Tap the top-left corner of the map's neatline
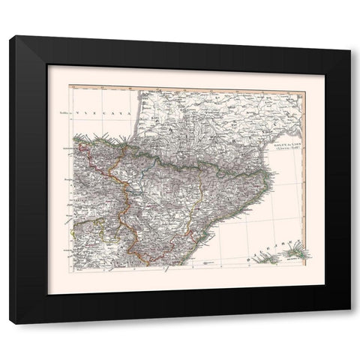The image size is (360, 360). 70,86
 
